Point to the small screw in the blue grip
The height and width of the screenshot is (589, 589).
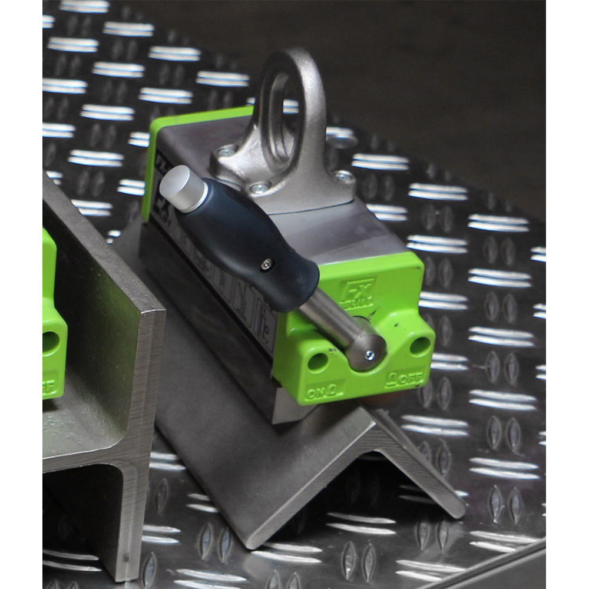coord(266,265)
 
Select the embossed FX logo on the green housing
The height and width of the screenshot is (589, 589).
coord(356,292)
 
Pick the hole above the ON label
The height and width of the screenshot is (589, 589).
coord(317,361)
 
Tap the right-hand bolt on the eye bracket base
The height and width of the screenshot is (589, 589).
coord(343,174)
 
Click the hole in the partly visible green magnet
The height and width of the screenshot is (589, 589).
coord(51,342)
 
